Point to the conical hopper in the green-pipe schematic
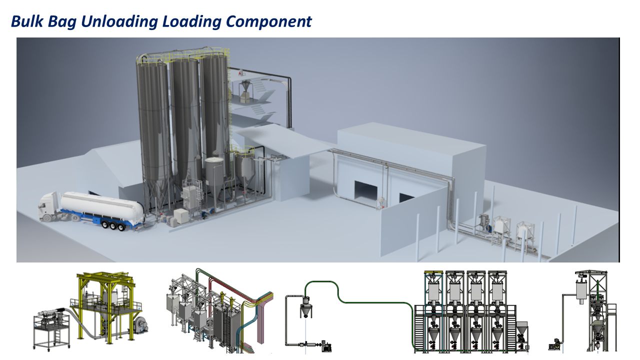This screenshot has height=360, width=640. (304, 309)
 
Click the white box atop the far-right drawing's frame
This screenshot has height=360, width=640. (581, 289)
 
